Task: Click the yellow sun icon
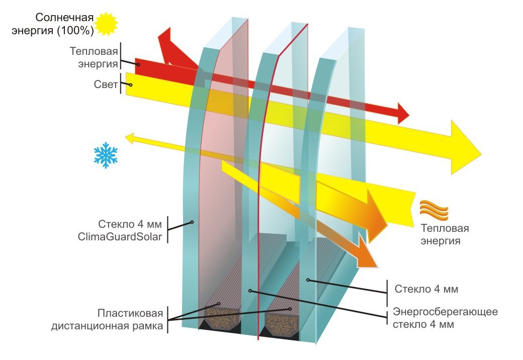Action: coord(106,24)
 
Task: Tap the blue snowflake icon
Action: coord(106,155)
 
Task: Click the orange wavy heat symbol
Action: coord(433,210)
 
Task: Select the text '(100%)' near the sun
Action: coord(75,31)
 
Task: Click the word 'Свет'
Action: coord(106,84)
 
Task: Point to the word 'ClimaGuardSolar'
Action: coord(120,237)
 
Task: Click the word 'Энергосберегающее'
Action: coord(445,312)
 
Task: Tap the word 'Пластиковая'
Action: coord(130,313)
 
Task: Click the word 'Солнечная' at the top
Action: coord(64,17)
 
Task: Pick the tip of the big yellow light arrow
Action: coord(482,154)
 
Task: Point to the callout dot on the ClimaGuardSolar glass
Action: coord(192,222)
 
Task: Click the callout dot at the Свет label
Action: coord(131,84)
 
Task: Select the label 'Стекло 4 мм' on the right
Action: coord(426,289)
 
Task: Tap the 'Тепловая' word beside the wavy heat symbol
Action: coord(445,228)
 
